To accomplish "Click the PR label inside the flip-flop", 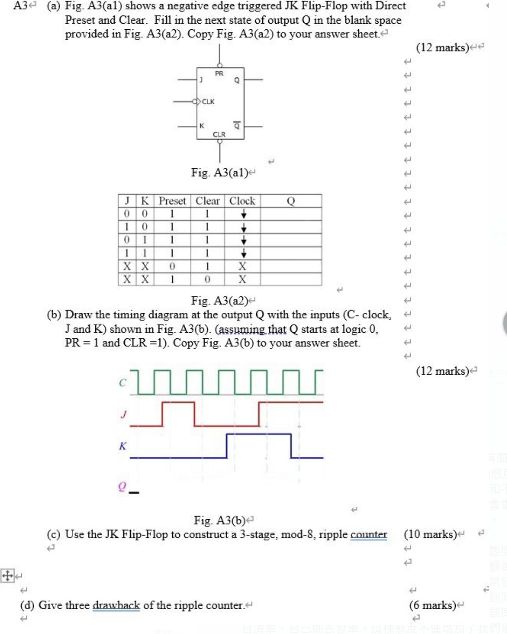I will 219,74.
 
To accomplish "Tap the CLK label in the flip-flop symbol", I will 208,101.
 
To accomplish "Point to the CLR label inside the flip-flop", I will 219,134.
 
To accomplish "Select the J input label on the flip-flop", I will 201,80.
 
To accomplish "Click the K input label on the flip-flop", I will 202,126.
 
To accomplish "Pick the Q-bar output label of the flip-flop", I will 237,125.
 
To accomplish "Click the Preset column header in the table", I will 172,201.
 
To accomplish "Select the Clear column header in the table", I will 207,201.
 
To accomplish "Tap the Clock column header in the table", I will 242,201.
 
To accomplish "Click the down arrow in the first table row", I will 244,214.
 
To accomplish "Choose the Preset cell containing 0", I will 172,266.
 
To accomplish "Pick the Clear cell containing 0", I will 207,279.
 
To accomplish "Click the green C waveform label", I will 123,383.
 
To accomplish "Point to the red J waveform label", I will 123,414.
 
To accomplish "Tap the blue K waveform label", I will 123,446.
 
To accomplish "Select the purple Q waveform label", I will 122,486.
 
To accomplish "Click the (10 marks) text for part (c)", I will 430,534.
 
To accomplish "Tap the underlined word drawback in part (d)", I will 116,605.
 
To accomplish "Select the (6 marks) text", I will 432,605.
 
